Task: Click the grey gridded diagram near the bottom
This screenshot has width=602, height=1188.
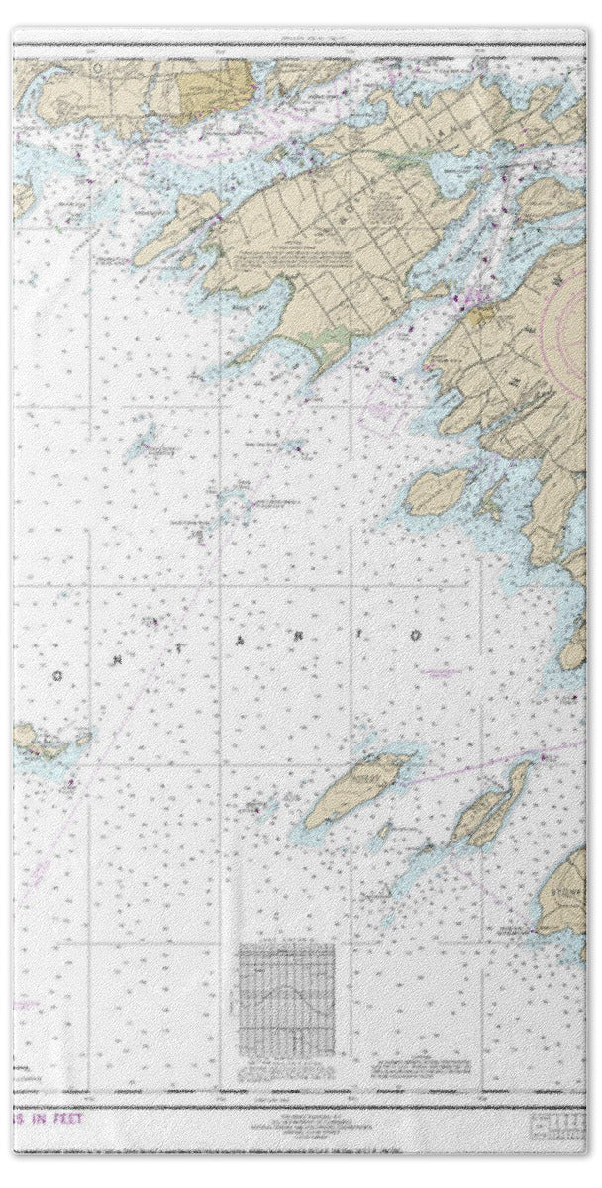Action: [286, 991]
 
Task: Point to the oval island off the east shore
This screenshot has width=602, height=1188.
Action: [435, 491]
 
